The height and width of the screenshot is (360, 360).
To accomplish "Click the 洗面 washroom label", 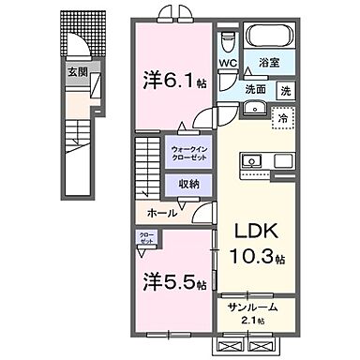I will coord(256,89).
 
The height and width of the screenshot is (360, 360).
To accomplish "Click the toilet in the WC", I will coord(228,43).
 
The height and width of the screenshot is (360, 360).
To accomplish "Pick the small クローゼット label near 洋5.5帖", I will coord(146,239).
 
